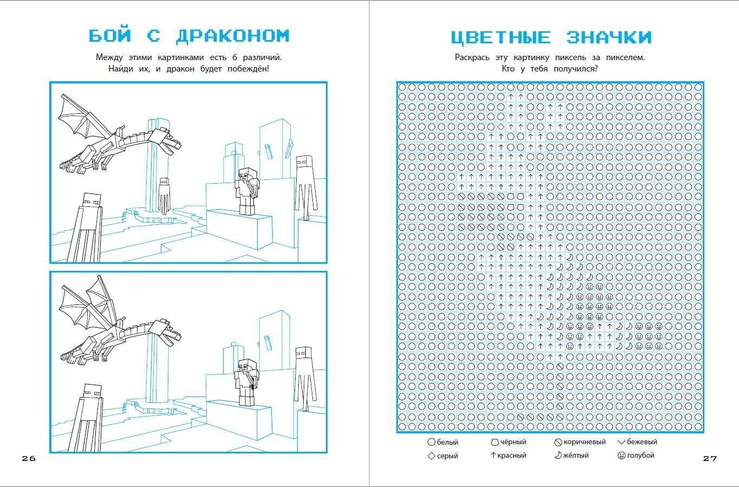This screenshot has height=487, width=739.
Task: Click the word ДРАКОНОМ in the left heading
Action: [233, 36]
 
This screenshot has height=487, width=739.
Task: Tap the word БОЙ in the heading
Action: [110, 36]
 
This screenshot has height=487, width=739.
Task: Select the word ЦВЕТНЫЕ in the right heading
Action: [500, 37]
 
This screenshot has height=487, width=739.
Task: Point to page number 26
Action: [29, 458]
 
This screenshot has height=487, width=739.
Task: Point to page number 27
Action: [710, 458]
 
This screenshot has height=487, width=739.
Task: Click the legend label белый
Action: [447, 442]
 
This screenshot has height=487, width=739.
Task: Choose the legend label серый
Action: [447, 456]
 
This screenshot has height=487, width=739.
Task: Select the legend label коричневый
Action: [584, 442]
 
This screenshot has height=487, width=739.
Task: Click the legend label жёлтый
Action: [576, 456]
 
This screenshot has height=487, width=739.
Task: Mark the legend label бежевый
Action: [642, 442]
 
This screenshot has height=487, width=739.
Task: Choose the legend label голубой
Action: [640, 456]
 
